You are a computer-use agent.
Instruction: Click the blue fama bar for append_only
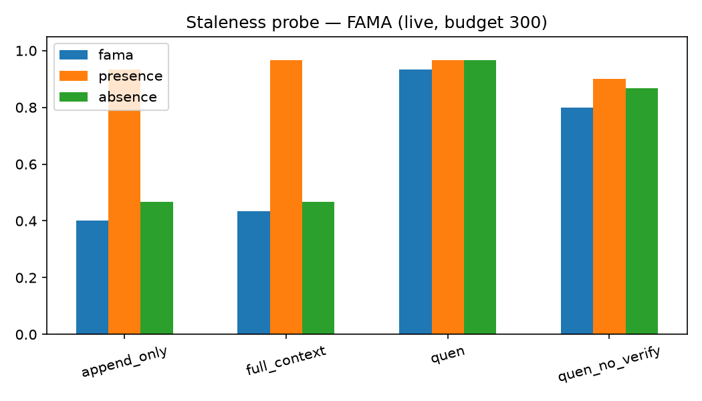pos(92,277)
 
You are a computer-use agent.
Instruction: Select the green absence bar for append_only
pos(156,268)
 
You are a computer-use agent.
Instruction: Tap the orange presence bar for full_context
pos(286,197)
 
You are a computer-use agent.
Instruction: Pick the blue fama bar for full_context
pos(254,273)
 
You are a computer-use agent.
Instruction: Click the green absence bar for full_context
pos(318,268)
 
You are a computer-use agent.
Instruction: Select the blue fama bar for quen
pos(415,202)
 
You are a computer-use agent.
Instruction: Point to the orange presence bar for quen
pos(448,197)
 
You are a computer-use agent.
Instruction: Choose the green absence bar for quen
pos(480,197)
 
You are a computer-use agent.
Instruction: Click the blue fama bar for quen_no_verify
pos(577,221)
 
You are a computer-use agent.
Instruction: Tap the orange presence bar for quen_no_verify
pos(609,207)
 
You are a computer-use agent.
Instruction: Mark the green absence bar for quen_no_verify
pos(642,211)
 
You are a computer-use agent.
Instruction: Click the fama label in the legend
pos(116,55)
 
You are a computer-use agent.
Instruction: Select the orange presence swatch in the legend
pos(74,76)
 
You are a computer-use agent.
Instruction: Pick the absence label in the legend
pos(128,97)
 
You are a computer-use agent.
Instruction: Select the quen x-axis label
pos(448,354)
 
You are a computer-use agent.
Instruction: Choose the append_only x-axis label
pos(124,362)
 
